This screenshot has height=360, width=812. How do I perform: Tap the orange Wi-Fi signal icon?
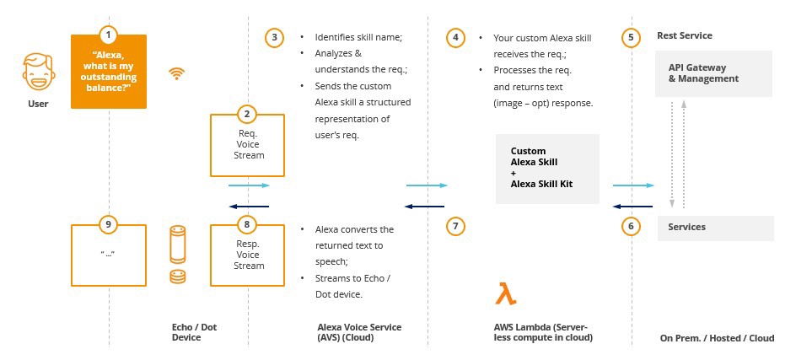[x=176, y=73]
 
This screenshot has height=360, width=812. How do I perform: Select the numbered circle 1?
[x=108, y=35]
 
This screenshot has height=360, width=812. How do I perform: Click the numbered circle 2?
[x=246, y=113]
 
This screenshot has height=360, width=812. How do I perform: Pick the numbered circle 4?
[x=455, y=37]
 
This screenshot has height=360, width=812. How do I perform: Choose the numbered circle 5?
[x=632, y=37]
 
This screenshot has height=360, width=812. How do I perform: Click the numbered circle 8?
[x=246, y=225]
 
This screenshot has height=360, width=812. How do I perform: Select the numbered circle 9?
[x=108, y=225]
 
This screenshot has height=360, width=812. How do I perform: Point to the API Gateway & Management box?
[x=715, y=73]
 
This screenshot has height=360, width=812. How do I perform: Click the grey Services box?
[x=715, y=227]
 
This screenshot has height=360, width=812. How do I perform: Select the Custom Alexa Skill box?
[x=547, y=168]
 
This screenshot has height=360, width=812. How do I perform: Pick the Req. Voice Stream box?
[x=247, y=145]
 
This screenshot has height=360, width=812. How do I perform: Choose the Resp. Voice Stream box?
[x=247, y=255]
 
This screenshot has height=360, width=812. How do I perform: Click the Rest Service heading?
[x=684, y=35]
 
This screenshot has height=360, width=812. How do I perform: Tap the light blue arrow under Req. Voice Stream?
[x=249, y=185]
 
